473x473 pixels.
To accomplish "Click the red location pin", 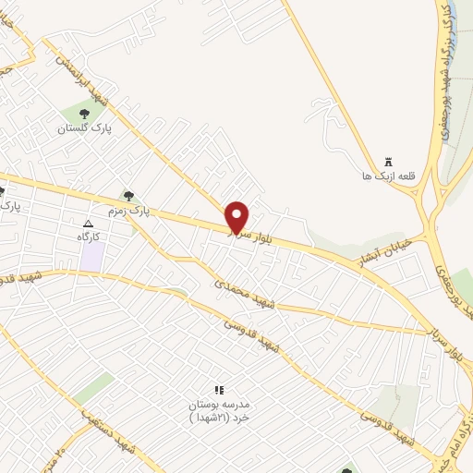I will [x=237, y=216].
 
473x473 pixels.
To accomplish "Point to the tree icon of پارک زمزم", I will [x=127, y=195].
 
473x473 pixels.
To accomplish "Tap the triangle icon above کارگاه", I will [x=89, y=224].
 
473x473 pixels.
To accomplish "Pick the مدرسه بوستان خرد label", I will [x=220, y=411].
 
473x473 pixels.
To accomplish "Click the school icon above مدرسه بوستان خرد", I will [x=220, y=391].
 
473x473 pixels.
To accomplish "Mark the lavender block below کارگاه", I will [x=91, y=258].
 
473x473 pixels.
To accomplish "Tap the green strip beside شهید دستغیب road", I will [x=92, y=388].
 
